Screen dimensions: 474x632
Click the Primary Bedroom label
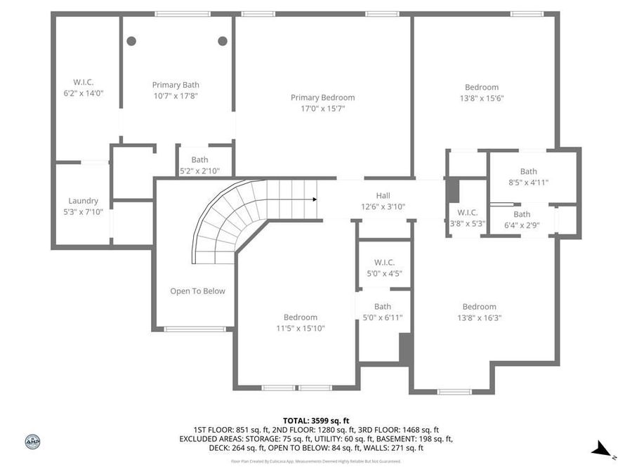pyautogui.click(x=322, y=98)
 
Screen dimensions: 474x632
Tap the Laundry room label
pyautogui.click(x=83, y=201)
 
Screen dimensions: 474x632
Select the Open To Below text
pyautogui.click(x=197, y=291)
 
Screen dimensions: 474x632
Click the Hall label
pyautogui.click(x=383, y=196)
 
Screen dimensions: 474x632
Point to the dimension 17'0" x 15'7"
pyautogui.click(x=322, y=109)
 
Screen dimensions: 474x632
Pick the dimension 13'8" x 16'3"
pyautogui.click(x=479, y=317)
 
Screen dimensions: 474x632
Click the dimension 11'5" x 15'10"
pyautogui.click(x=301, y=328)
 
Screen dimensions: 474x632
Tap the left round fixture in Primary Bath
pyautogui.click(x=131, y=41)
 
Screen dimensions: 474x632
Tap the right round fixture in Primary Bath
pyautogui.click(x=223, y=41)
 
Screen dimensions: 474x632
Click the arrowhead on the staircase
pyautogui.click(x=315, y=199)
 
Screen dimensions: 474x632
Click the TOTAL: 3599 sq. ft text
pyautogui.click(x=315, y=421)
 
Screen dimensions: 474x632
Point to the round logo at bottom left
pyautogui.click(x=32, y=442)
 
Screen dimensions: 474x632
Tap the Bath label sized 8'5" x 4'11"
pyautogui.click(x=528, y=171)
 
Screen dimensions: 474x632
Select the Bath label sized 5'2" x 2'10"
pyautogui.click(x=199, y=159)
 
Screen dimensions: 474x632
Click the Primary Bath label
pyautogui.click(x=176, y=85)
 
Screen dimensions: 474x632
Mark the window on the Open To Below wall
pyautogui.click(x=195, y=329)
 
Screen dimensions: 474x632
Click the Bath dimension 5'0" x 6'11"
pyautogui.click(x=383, y=317)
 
